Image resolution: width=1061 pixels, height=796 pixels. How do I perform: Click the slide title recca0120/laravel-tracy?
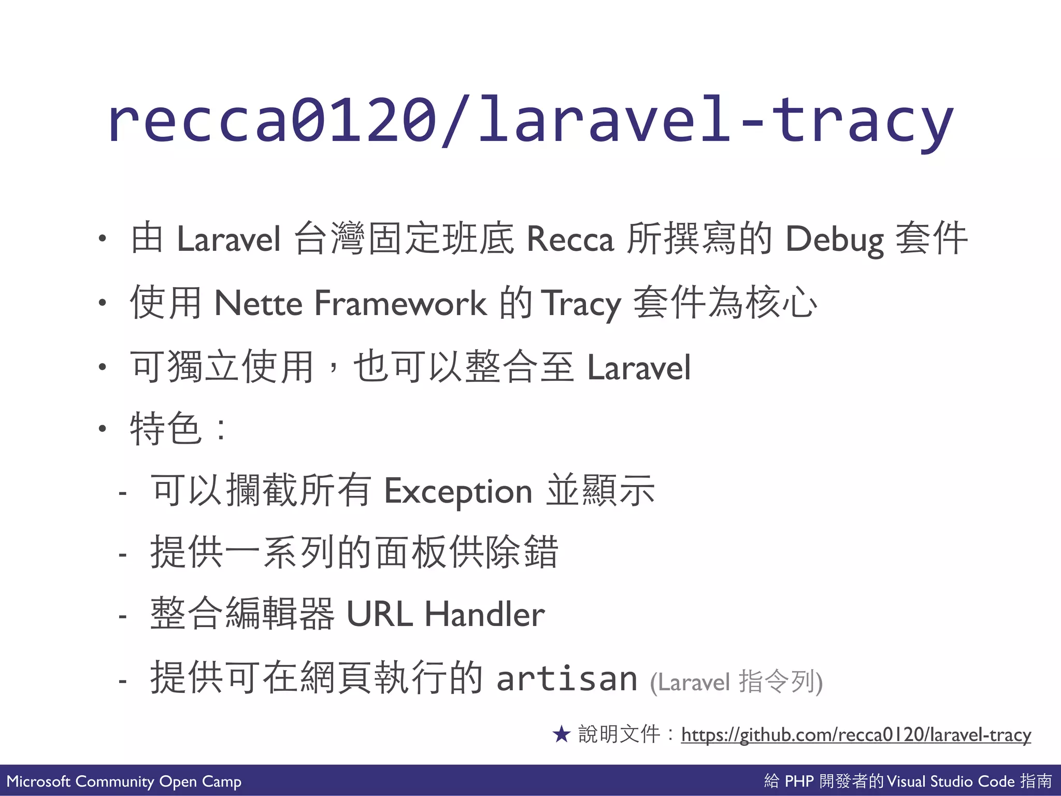(x=530, y=120)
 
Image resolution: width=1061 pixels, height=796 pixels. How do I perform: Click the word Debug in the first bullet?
(x=834, y=239)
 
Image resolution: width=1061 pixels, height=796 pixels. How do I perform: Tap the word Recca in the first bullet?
(x=570, y=239)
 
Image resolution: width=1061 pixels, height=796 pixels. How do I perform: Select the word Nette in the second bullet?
(x=258, y=303)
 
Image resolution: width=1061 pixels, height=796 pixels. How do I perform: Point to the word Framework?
(x=400, y=303)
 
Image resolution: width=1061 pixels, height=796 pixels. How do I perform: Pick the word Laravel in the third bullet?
(x=639, y=367)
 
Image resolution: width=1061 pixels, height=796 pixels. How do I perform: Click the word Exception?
(x=458, y=491)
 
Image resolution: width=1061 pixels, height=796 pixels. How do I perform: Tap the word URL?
(x=379, y=614)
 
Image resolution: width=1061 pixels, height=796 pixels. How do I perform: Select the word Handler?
(x=484, y=614)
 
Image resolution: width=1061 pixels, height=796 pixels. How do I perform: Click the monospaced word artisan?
(x=567, y=679)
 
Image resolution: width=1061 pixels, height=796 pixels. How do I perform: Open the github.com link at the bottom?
(x=856, y=735)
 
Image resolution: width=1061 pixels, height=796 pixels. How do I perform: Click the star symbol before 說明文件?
(x=561, y=734)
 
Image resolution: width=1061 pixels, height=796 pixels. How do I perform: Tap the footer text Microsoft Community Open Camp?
(x=124, y=781)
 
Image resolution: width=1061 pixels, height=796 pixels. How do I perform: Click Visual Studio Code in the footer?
(x=951, y=781)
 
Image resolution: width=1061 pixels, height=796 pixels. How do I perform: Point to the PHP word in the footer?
(x=799, y=781)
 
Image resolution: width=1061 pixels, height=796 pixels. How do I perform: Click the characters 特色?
(x=166, y=428)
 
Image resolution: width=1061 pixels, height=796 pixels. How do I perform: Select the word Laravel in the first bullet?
(x=228, y=239)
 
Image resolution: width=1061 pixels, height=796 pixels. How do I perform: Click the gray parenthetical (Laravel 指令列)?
(x=736, y=681)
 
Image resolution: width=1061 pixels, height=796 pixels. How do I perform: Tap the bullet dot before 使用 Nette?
(x=103, y=303)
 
